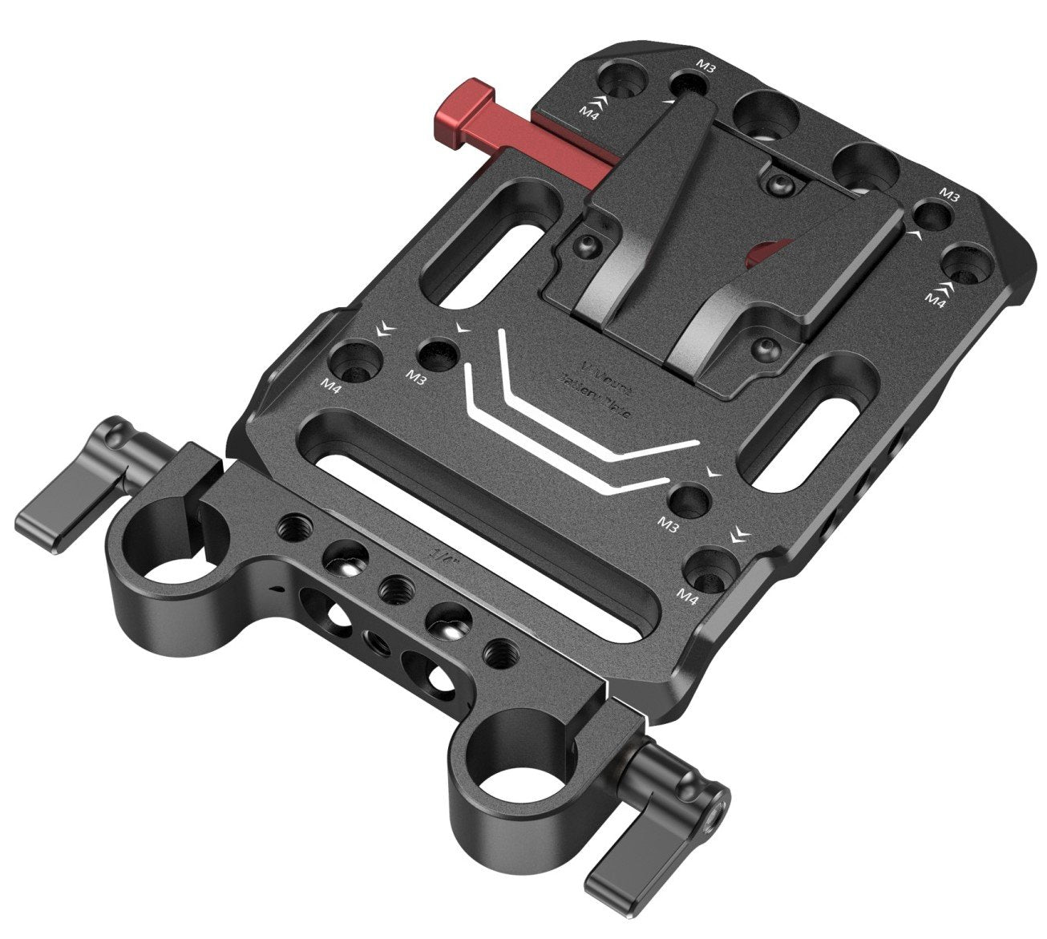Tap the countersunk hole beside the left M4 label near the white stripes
pyautogui.click(x=352, y=361)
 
